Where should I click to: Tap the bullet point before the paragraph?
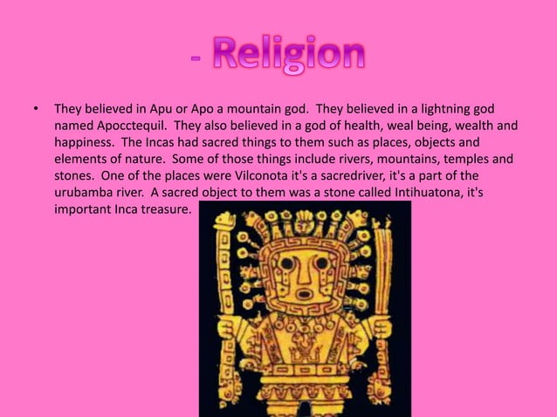pyautogui.click(x=36, y=110)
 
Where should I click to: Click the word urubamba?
pyautogui.click(x=86, y=188)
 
